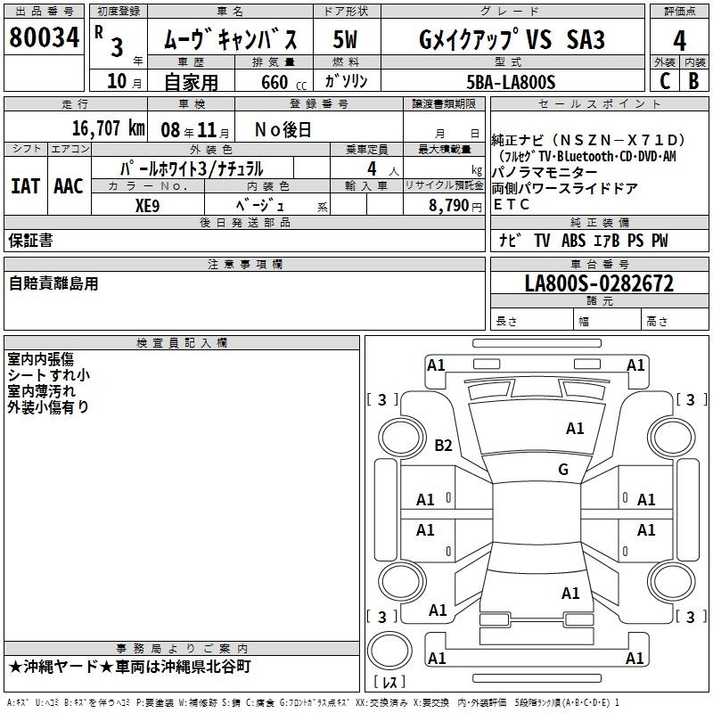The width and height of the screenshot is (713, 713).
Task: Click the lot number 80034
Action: [x=44, y=37]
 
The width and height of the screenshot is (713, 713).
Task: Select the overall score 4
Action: [x=679, y=41]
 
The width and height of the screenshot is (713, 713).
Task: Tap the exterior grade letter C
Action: [x=665, y=81]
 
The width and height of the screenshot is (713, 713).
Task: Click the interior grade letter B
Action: [x=693, y=81]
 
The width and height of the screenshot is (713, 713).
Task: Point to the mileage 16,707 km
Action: [x=109, y=128]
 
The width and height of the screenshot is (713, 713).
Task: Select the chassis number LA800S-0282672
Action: [x=599, y=283]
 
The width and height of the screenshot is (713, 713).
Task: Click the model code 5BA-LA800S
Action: [x=511, y=82]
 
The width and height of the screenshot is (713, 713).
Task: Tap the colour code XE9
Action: [x=147, y=206]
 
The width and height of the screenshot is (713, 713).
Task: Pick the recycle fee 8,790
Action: [x=449, y=206]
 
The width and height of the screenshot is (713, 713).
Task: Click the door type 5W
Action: [x=345, y=39]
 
